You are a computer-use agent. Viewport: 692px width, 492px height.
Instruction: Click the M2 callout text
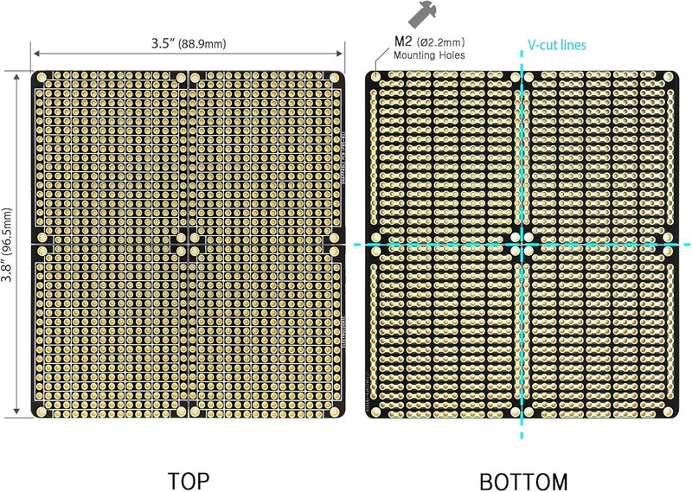[x=403, y=41]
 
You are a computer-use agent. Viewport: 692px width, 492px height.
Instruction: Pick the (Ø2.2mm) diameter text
[x=441, y=42]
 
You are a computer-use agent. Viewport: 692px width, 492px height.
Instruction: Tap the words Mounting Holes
[x=429, y=55]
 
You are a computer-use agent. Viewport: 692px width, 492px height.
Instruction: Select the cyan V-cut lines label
[x=557, y=44]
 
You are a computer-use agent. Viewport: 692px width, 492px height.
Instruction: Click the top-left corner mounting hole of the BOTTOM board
[x=375, y=76]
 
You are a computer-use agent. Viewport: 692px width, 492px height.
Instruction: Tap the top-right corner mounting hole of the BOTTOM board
[x=670, y=76]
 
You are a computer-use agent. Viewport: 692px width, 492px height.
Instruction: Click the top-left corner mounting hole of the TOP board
[x=42, y=78]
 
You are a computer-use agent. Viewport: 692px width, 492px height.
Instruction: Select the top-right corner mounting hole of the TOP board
[x=335, y=78]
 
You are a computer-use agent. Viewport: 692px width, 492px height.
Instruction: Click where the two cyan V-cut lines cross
[x=522, y=245]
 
